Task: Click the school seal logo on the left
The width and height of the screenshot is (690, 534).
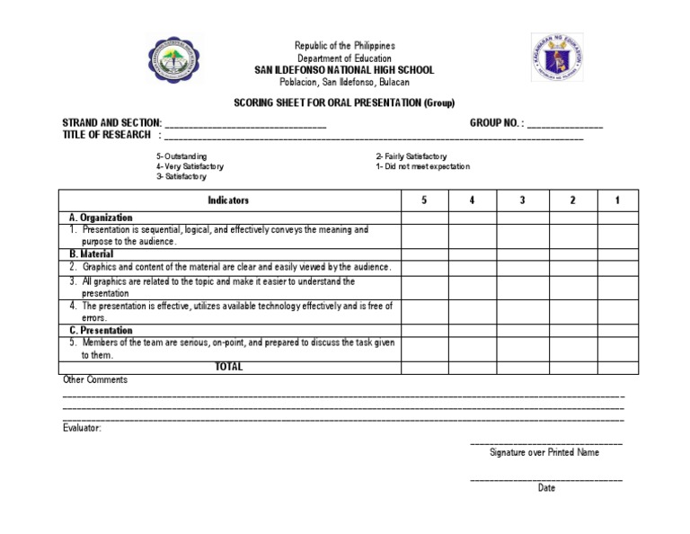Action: coord(173,60)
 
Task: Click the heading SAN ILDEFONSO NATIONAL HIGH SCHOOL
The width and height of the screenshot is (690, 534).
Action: coord(345,70)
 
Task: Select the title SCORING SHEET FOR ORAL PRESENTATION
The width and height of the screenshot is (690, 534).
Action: coord(344,102)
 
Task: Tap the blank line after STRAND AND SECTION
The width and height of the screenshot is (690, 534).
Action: coord(245,125)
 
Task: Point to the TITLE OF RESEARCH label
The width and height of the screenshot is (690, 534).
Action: coord(107,135)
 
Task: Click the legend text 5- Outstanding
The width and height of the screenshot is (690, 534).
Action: coord(182,156)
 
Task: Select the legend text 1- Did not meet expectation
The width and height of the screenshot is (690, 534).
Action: coord(422,166)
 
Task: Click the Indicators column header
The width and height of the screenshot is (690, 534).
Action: coord(228,200)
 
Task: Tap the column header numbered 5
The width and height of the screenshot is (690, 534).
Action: coord(424,200)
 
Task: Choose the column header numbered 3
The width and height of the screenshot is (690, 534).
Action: coord(522,200)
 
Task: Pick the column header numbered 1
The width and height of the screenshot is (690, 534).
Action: coord(617,200)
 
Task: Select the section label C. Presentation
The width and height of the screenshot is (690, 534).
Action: coord(101,331)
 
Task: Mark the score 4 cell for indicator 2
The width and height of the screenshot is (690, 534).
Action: coord(472,268)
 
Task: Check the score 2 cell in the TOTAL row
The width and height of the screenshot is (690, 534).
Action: coord(572,367)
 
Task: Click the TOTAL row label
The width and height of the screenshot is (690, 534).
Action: coord(228,367)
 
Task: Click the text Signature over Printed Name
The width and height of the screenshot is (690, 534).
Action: coord(544,452)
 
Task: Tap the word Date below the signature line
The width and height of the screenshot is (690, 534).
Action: coord(546,488)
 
